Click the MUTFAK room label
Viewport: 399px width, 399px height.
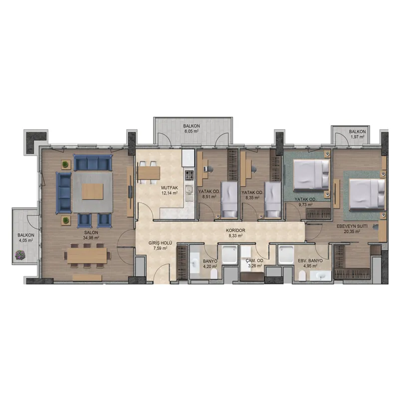pos(169,188)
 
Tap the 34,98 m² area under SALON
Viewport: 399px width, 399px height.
pos(91,238)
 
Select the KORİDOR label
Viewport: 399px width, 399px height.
pos(235,230)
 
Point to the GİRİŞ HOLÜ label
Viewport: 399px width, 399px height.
pos(160,243)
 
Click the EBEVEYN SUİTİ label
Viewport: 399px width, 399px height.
pos(352,226)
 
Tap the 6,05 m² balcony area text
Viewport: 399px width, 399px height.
pos(192,131)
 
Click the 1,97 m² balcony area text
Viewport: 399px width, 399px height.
pos(357,137)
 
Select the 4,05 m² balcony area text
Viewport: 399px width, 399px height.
pos(26,240)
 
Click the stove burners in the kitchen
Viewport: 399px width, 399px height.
pos(189,176)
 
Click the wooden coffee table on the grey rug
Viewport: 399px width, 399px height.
pos(93,192)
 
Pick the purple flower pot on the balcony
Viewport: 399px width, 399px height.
pos(20,255)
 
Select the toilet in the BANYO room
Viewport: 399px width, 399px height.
pos(214,274)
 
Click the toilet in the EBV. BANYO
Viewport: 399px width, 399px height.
pos(302,276)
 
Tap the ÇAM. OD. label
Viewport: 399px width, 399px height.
pos(255,261)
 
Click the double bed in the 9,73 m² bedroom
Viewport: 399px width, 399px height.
pos(311,175)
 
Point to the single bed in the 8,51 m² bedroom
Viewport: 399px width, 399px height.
pos(229,199)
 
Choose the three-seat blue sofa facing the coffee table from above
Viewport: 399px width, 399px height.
pos(93,163)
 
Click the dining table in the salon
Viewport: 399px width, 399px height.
pos(87,255)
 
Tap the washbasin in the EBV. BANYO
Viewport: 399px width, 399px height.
pos(320,276)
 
